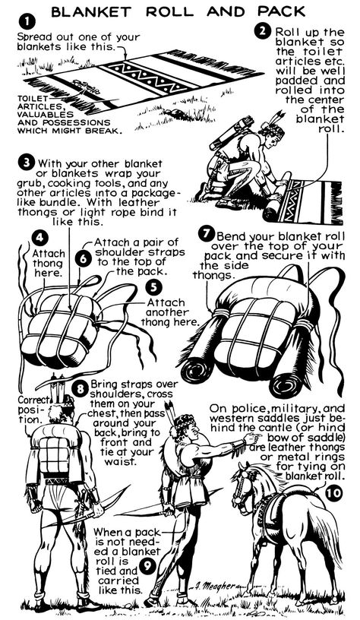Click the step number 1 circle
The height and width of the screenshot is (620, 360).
[27, 22]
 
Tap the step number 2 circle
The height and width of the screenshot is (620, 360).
[262, 31]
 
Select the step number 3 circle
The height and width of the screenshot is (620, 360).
[27, 163]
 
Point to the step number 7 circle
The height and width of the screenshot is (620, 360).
[207, 234]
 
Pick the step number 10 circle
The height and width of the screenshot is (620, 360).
[334, 493]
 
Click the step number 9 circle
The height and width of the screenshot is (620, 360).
[147, 567]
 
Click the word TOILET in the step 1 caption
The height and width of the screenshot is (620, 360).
[33, 98]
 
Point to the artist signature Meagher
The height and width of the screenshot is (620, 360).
[216, 586]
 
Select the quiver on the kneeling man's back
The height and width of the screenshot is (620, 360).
[231, 132]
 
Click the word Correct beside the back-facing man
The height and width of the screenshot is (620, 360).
[33, 400]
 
